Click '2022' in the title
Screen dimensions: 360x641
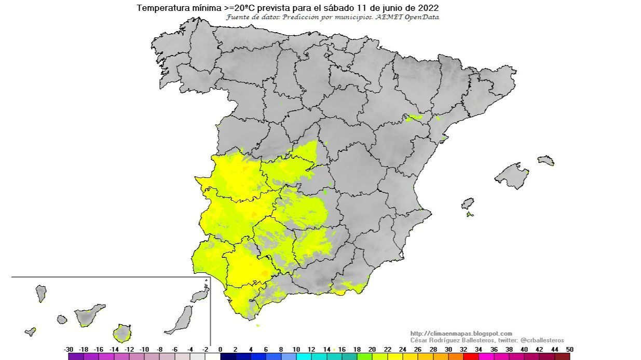coord(428,8)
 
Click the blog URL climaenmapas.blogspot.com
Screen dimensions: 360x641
coord(461,334)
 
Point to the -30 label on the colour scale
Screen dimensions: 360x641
coord(69,350)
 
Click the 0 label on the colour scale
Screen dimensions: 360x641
coord(220,350)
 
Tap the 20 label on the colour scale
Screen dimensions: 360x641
coord(372,350)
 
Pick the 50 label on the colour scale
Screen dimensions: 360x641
coord(569,350)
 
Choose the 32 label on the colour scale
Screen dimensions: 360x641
coord(463,350)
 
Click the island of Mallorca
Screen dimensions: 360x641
coord(511,175)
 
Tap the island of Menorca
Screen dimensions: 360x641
coord(546,160)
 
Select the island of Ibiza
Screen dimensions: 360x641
coord(468,203)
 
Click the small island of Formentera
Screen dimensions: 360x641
coord(469,214)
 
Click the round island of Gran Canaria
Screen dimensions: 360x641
coord(122,333)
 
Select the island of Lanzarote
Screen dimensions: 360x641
coord(200,296)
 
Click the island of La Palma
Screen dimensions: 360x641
coord(40,293)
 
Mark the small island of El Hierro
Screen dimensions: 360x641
coord(31,331)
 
